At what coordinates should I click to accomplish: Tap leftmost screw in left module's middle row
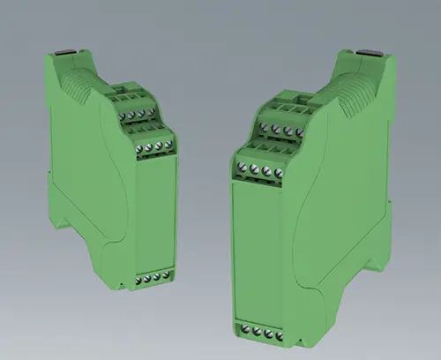140,147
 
